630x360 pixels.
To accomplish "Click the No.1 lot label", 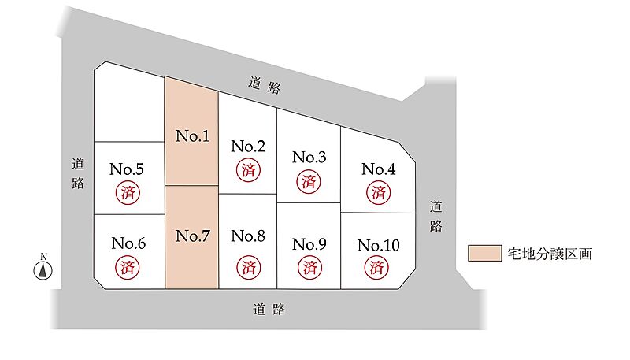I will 192,136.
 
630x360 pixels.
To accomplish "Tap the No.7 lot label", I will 192,236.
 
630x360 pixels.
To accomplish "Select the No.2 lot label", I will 248,146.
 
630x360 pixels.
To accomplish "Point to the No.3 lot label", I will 309,157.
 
